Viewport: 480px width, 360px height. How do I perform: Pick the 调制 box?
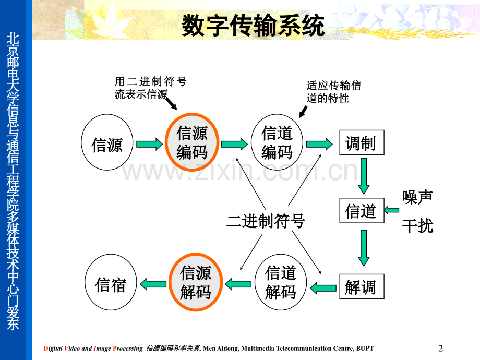pos(361,143)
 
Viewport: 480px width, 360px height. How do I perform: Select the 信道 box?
pos(361,211)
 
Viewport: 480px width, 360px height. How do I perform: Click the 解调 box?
pos(361,286)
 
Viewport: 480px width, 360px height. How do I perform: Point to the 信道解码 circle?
pos(280,282)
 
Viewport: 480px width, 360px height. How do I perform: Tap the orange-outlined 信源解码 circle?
pos(196,282)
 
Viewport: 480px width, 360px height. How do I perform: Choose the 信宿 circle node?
pos(111,285)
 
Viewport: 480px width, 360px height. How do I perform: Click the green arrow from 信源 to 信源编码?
pos(149,144)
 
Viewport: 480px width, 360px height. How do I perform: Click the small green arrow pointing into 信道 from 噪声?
pos(392,210)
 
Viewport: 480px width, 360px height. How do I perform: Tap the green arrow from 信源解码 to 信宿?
pos(152,285)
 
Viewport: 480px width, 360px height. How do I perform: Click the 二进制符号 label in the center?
pos(266,221)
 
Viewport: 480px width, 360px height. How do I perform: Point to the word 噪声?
pos(417,197)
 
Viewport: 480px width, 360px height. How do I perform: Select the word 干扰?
pos(417,225)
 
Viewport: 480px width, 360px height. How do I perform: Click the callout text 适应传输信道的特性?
pos(333,92)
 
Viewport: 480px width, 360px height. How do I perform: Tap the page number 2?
pos(441,348)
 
